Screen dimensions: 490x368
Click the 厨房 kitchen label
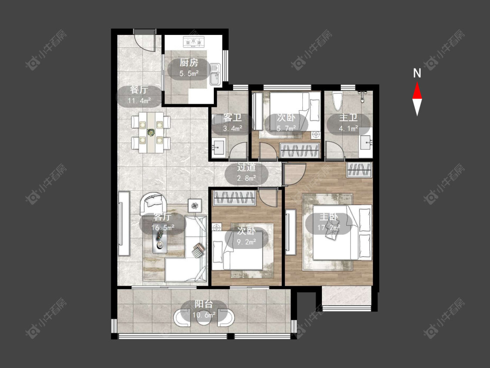pos(189,63)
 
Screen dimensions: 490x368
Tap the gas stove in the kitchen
pos(193,41)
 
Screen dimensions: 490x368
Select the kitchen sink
pos(215,74)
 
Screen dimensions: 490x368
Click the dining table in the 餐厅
pos(151,133)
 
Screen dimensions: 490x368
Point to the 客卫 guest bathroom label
pos(233,118)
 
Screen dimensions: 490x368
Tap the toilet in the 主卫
pos(337,101)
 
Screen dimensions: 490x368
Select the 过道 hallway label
pos(246,167)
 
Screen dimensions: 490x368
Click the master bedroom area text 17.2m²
pos(328,228)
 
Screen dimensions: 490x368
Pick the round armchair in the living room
pos(153,203)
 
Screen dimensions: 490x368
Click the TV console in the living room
pos(124,223)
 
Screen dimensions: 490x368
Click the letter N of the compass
pos(417,73)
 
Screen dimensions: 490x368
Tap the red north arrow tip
pos(417,82)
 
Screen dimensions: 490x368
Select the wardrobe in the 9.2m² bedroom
pos(234,198)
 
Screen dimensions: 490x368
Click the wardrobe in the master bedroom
pos(359,170)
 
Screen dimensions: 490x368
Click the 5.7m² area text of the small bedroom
pos(286,128)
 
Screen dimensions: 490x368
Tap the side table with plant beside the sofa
pos(195,206)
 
